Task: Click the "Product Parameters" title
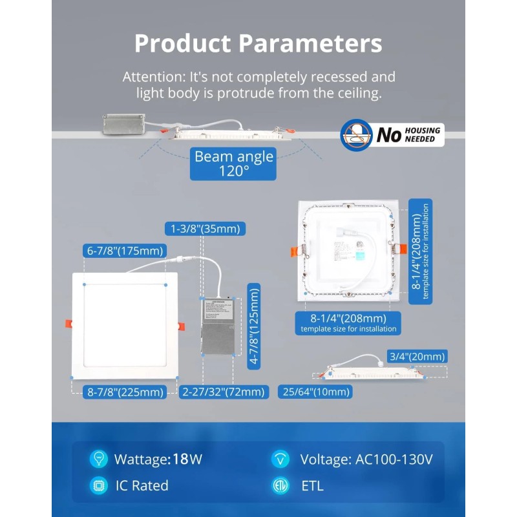258,43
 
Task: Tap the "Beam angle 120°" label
234,164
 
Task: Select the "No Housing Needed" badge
392,135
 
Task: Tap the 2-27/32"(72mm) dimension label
224,392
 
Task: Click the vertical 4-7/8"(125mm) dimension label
255,326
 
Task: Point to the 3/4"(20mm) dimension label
417,356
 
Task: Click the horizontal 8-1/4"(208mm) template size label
348,322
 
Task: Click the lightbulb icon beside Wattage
98,459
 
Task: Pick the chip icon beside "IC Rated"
98,486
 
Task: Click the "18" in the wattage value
180,459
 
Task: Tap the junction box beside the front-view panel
218,326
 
